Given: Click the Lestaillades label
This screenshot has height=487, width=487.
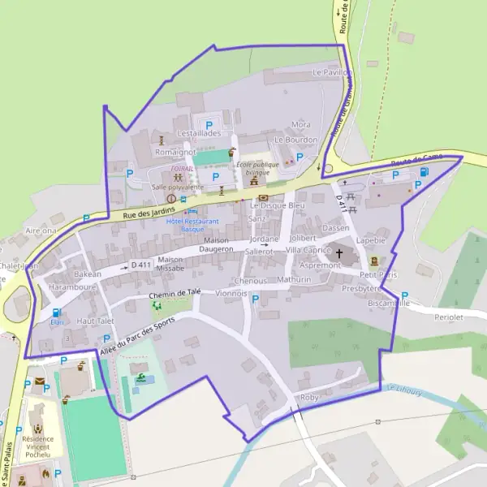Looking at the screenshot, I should point(199,132).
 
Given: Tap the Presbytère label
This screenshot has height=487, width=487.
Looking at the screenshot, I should point(362,288).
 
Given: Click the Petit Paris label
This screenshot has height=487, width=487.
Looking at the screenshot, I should point(378,275).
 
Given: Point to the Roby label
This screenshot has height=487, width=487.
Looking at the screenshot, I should point(309,397).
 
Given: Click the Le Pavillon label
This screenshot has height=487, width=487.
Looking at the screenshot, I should point(332,72).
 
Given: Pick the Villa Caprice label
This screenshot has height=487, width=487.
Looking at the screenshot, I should point(308,251).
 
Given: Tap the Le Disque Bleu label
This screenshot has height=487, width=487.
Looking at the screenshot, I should point(278,206).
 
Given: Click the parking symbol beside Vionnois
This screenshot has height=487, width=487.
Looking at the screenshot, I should point(256,300).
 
